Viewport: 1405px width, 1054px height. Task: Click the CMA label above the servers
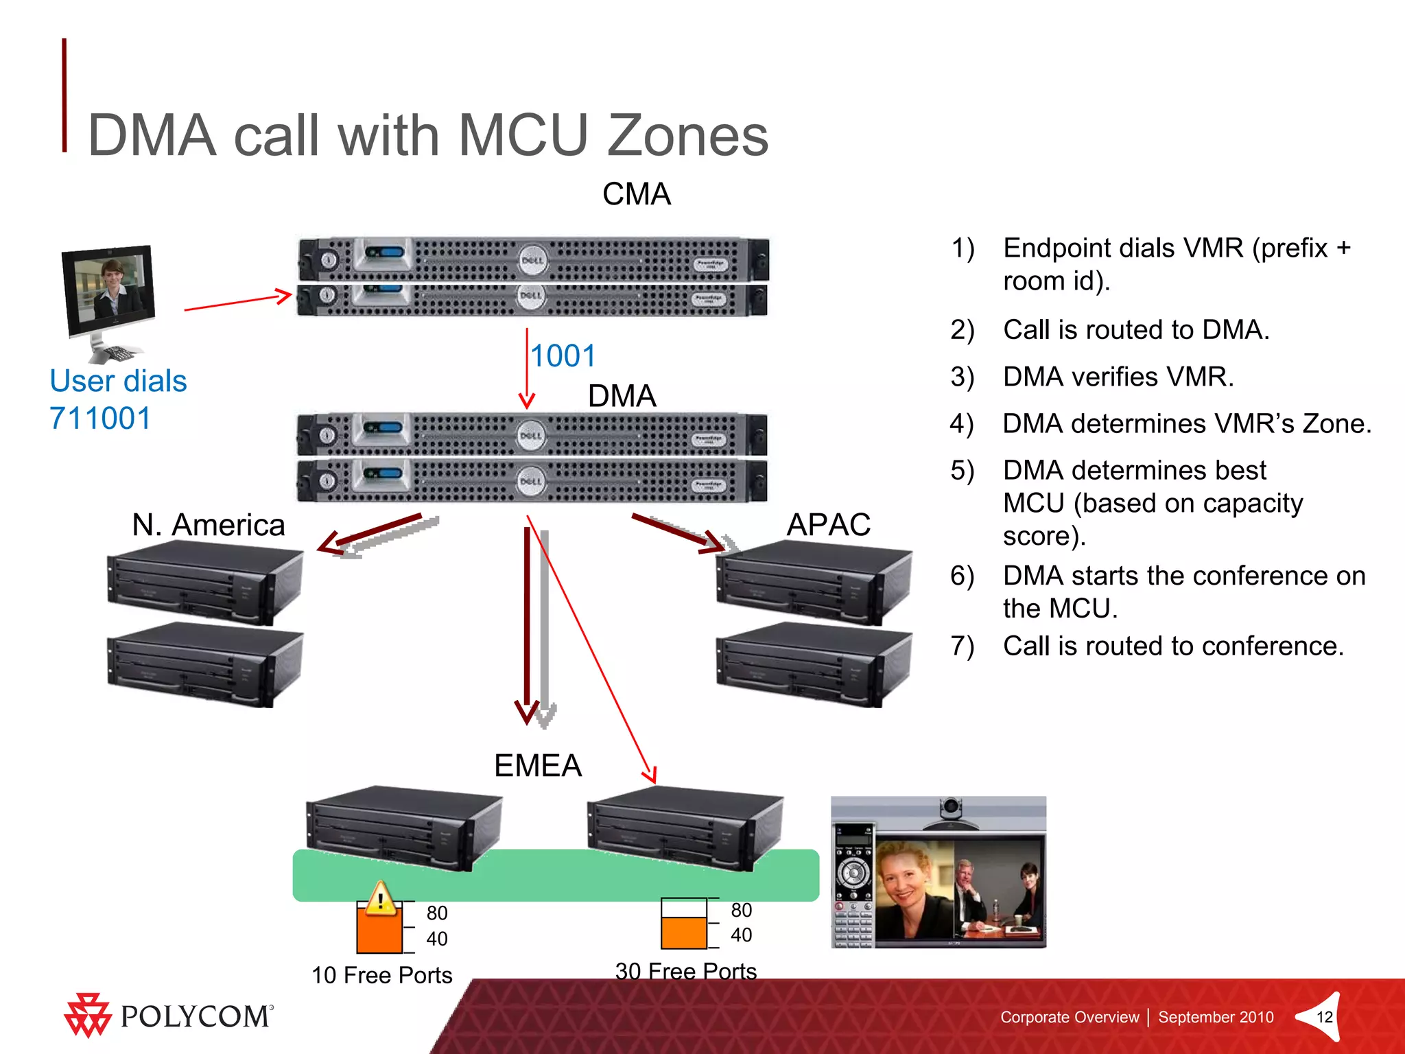(x=636, y=194)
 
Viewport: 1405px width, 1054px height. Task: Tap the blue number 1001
(x=563, y=356)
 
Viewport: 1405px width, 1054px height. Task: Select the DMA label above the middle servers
(x=622, y=396)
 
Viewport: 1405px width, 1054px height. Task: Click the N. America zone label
(x=208, y=525)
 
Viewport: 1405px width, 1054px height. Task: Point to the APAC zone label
(x=828, y=525)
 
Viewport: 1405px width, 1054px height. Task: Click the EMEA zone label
(x=538, y=766)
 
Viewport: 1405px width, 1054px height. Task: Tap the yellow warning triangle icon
(x=379, y=899)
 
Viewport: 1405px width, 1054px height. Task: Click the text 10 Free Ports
(x=381, y=975)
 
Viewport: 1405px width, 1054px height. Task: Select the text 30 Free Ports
(x=685, y=970)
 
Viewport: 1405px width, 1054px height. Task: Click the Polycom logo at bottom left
(x=169, y=1016)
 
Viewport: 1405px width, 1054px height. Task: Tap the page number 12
(x=1324, y=1017)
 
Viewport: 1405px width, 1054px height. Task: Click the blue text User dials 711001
(x=117, y=399)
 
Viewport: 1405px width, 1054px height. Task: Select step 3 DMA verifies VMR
(x=1118, y=377)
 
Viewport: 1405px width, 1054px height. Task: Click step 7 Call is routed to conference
(x=1172, y=646)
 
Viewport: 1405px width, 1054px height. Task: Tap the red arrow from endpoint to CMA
(x=237, y=303)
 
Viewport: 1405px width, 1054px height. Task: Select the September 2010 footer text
(x=1216, y=1017)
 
